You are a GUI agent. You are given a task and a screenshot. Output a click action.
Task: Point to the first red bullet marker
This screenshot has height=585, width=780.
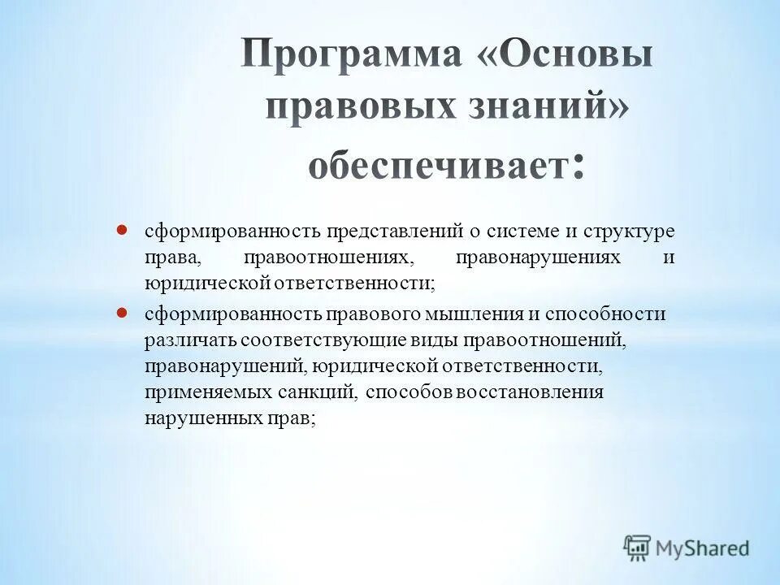tap(122, 230)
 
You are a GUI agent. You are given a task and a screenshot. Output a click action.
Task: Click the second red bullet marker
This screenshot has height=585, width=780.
tap(122, 312)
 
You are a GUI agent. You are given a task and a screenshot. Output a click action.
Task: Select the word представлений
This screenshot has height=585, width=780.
tap(394, 232)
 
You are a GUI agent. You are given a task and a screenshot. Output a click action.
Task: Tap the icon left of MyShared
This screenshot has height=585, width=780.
tap(638, 548)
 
